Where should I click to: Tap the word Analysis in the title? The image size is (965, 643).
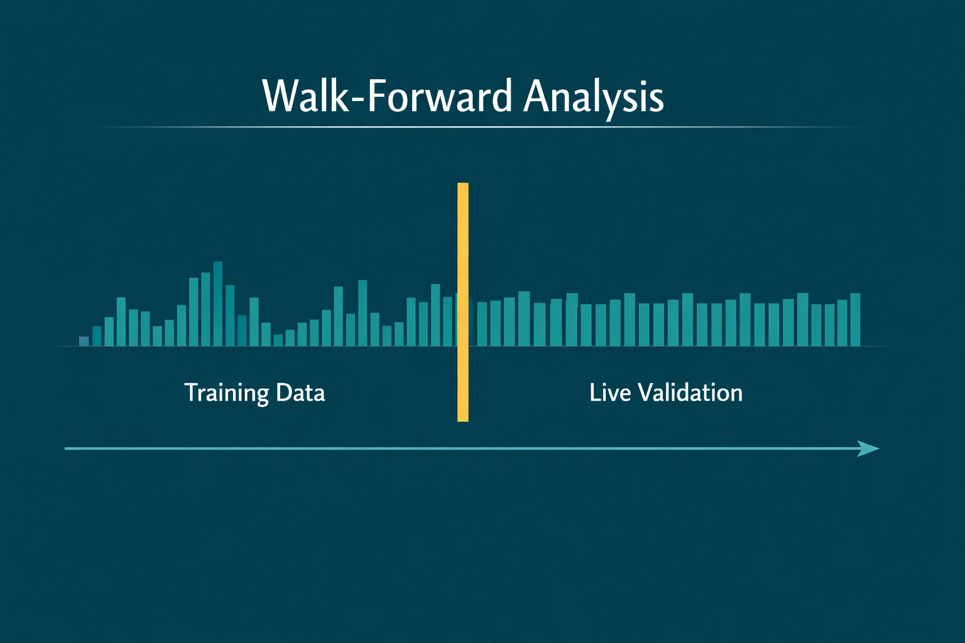[594, 98]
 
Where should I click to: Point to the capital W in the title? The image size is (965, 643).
[280, 97]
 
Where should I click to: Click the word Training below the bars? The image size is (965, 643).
[226, 393]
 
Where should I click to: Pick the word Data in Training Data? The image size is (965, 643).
[300, 392]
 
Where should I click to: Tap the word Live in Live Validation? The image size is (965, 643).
[610, 392]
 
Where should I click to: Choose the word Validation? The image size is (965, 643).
[690, 392]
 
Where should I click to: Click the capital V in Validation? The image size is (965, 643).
[645, 392]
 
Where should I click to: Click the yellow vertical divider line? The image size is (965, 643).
[463, 301]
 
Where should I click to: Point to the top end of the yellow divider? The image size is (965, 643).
[463, 185]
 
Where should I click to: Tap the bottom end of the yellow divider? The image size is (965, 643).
[463, 419]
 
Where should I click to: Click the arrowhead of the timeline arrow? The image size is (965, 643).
[870, 448]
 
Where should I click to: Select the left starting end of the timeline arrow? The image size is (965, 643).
[67, 448]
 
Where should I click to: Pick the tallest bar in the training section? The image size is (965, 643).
[218, 304]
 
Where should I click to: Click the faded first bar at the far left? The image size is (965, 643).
[84, 341]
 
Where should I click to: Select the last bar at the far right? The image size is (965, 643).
[855, 320]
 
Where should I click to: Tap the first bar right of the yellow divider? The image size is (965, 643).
[482, 324]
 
